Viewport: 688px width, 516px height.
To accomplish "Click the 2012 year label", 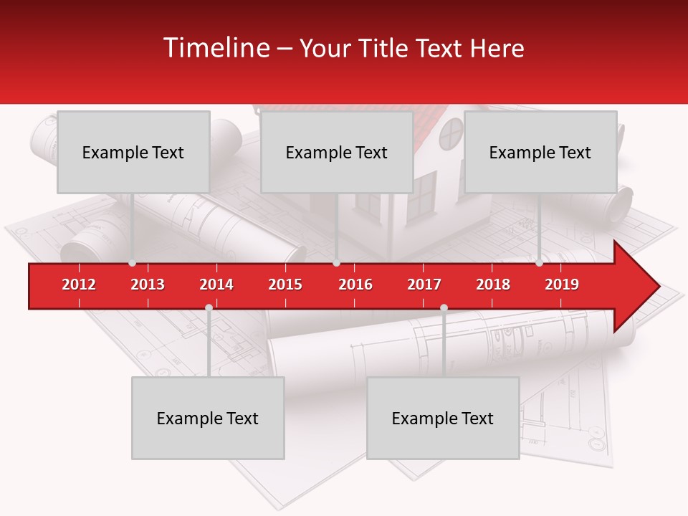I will point(79,285).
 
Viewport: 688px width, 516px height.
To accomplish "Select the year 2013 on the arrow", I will point(148,285).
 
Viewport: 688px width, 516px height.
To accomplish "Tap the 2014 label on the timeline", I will point(216,285).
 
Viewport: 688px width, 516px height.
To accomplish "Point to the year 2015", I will point(285,285).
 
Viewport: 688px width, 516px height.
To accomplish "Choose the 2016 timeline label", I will point(355,285).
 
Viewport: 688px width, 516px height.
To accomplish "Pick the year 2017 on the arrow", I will point(424,285).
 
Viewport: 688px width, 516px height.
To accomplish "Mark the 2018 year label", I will point(493,285).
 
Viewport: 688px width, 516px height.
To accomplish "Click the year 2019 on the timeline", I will point(562,285).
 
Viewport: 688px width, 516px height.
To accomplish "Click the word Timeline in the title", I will point(215,48).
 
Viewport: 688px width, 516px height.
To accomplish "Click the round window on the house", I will point(451,132).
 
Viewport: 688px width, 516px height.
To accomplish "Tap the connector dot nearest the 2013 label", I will point(133,263).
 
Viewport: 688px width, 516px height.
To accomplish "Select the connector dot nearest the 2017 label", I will point(444,308).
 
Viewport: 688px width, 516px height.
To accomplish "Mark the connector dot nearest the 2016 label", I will point(336,263).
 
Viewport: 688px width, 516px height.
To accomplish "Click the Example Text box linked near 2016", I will point(336,152).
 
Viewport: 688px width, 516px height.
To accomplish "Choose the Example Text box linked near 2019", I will point(540,152).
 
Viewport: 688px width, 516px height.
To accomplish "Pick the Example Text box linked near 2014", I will point(208,418).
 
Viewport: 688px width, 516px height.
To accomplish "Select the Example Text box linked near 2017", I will point(442,418).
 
